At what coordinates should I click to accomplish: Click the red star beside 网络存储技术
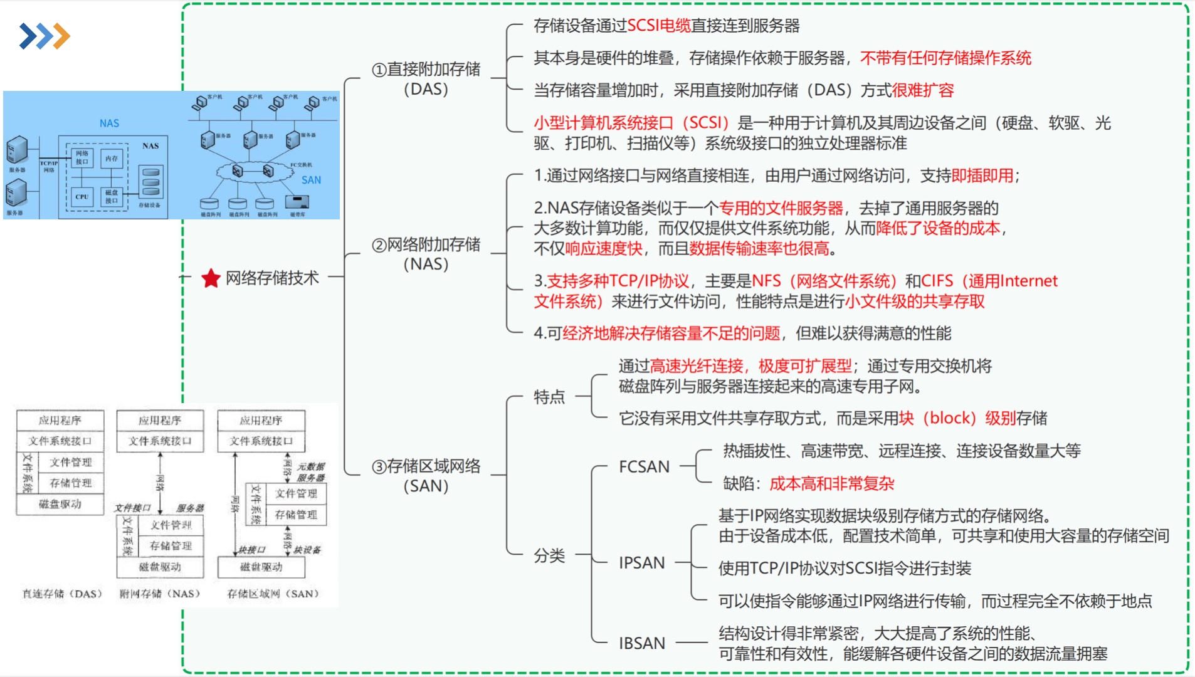coord(211,278)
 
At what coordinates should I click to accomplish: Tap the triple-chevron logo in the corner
coord(45,36)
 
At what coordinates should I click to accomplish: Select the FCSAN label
coord(644,467)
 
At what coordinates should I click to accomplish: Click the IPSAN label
coord(641,563)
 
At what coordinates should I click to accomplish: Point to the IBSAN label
coord(641,644)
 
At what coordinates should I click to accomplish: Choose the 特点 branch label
coord(549,397)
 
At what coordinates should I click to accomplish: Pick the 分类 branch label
coord(549,555)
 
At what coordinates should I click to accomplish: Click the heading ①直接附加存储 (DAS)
coord(426,79)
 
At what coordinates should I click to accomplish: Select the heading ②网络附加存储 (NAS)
coord(426,254)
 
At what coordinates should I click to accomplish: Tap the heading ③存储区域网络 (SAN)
coord(426,476)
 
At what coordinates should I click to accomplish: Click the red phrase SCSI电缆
coord(658,26)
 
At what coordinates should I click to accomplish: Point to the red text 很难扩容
coord(922,90)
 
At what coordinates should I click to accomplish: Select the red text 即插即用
coord(982,176)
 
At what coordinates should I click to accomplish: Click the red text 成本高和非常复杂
coord(831,484)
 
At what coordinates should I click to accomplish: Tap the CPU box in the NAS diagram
coord(82,196)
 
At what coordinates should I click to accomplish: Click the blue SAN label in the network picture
coord(311,180)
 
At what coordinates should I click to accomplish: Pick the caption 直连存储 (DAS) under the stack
coord(62,594)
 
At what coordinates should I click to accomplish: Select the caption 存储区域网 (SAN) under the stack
coord(273,594)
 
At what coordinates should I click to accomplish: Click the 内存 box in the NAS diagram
coord(112,159)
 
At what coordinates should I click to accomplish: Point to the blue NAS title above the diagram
coord(109,123)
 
